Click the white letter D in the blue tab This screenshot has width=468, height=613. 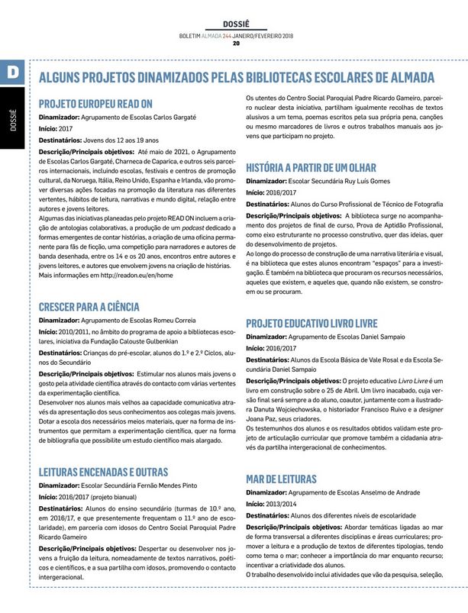pos(14,71)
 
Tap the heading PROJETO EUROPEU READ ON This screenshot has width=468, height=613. pos(95,103)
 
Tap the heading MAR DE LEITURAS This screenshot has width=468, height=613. pos(281,479)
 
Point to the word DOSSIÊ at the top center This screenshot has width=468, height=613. pos(235,24)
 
